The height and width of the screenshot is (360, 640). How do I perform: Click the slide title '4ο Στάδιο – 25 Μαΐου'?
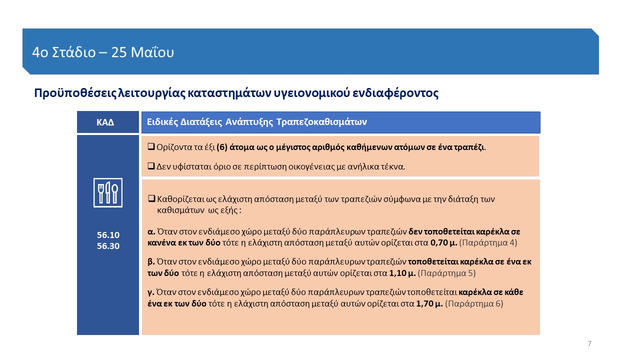click(x=103, y=52)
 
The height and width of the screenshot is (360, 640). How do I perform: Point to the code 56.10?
click(x=108, y=235)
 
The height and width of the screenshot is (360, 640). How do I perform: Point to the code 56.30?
click(x=108, y=246)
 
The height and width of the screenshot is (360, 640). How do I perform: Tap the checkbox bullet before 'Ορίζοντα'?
click(x=150, y=147)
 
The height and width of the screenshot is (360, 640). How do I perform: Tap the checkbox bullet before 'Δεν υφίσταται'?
click(x=150, y=166)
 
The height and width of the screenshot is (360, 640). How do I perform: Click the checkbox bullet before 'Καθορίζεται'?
click(x=150, y=199)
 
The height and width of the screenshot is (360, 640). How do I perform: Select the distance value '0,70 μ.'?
click(x=443, y=243)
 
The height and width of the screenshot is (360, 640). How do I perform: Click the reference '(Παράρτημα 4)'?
click(x=488, y=243)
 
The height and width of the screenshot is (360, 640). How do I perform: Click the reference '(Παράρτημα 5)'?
click(x=446, y=273)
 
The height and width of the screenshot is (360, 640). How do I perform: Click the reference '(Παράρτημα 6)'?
click(x=474, y=303)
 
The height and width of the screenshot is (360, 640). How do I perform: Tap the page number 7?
click(x=589, y=343)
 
